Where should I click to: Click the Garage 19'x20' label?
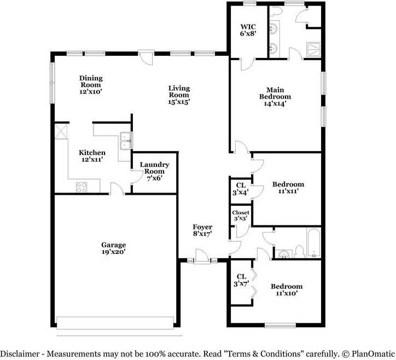114,248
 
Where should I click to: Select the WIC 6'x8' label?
248,30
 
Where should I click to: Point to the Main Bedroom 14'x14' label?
275,97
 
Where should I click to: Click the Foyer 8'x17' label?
202,230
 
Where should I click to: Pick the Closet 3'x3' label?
241,216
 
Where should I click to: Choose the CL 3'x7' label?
241,280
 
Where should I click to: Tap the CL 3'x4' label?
241,189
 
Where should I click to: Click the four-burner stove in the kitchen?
81,187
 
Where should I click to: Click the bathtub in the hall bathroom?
313,243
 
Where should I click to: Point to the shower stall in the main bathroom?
313,50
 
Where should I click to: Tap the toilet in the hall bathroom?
300,252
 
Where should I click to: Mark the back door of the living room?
147,57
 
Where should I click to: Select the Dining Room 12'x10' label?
91,85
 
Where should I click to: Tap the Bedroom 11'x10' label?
287,290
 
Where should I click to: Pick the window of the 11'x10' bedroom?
281,326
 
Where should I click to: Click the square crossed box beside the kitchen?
61,131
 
